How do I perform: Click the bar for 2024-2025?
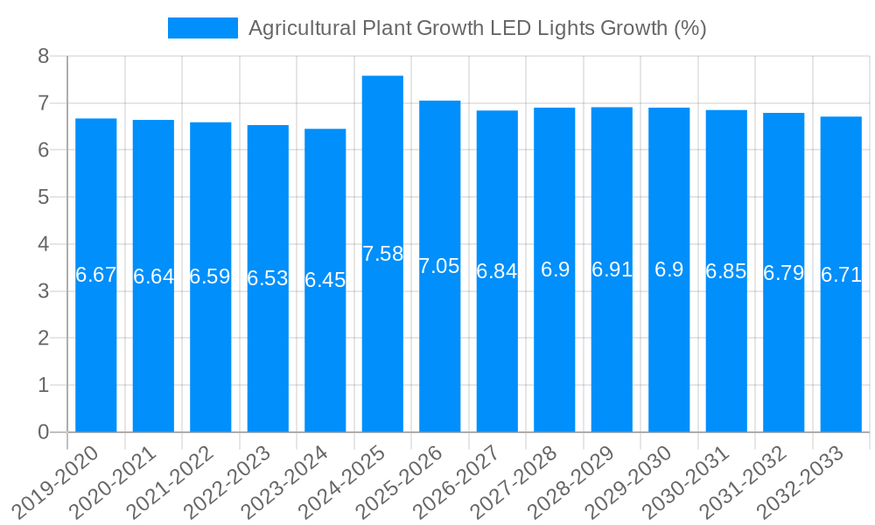[x=382, y=254]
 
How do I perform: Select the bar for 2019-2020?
[x=96, y=275]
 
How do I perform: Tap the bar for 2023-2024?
[x=325, y=280]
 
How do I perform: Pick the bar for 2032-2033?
[x=841, y=274]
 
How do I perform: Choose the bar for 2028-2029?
[x=612, y=269]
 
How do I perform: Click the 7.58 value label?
[x=382, y=254]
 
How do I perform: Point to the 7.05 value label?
[x=439, y=266]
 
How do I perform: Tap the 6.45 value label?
[x=325, y=280]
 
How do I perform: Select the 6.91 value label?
[x=612, y=269]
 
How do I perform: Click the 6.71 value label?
[x=841, y=275]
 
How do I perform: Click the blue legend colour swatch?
[x=202, y=28]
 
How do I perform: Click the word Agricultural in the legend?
[x=301, y=28]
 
